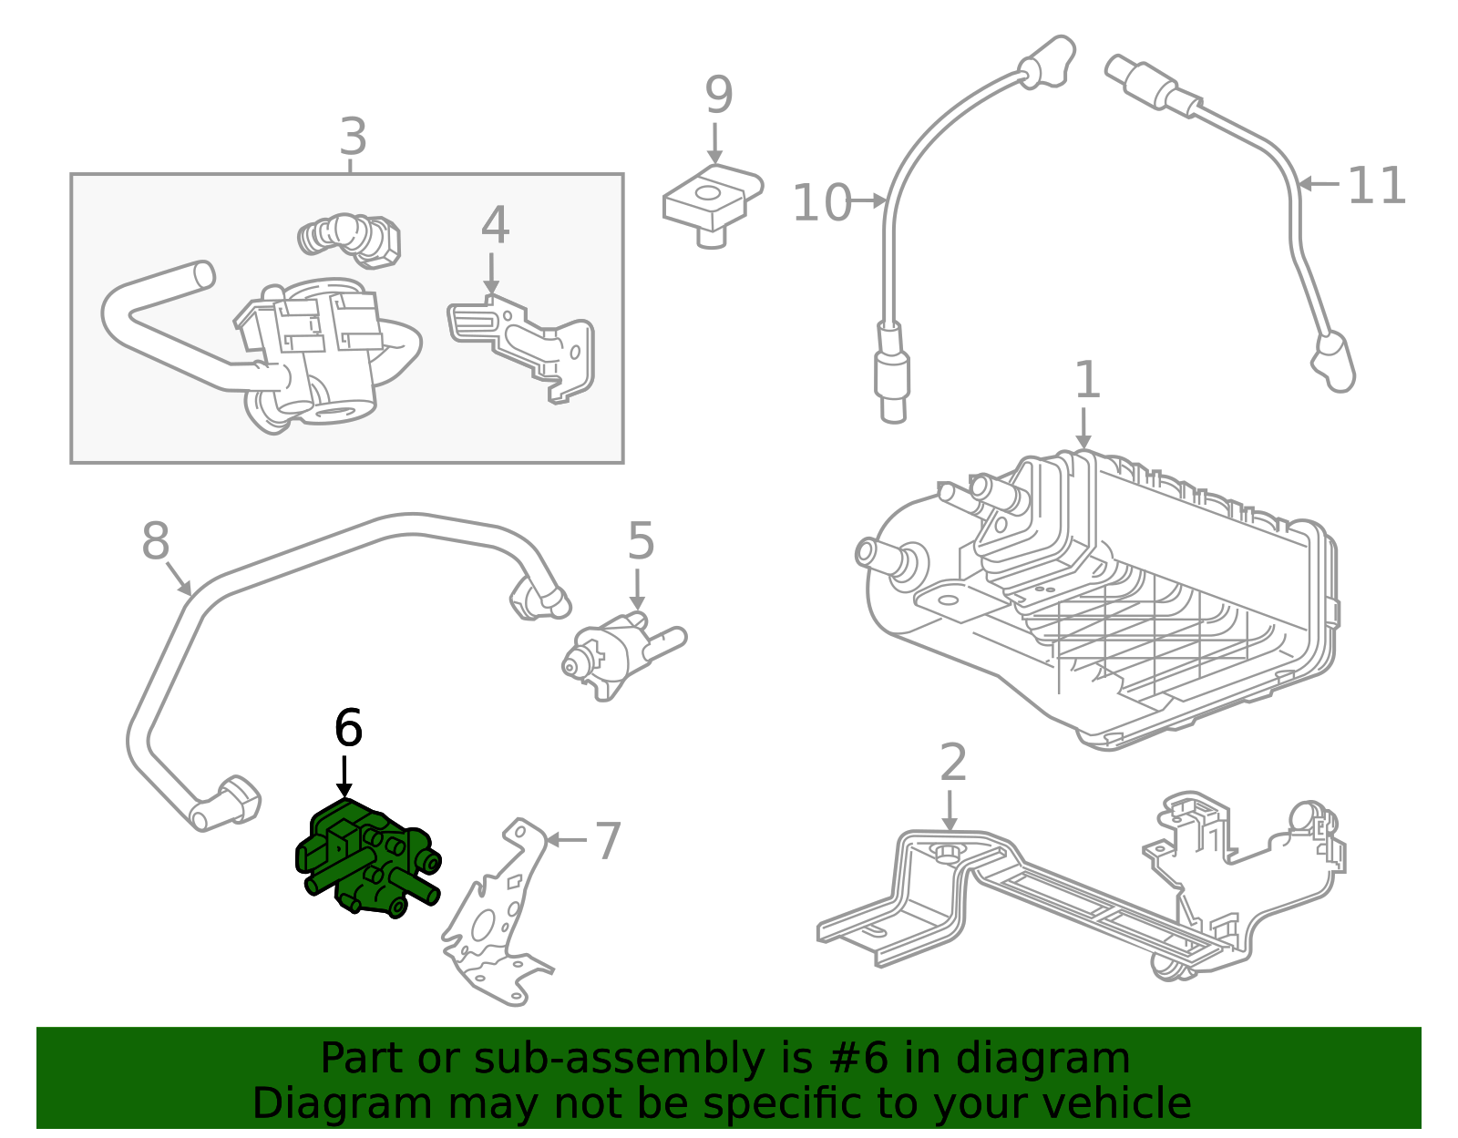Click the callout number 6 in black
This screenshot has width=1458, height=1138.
click(x=348, y=728)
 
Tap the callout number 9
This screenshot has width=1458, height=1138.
click(x=718, y=96)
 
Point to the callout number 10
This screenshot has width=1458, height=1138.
click(x=821, y=202)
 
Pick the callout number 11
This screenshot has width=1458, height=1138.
click(x=1376, y=186)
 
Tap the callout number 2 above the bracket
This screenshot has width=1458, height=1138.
click(x=952, y=763)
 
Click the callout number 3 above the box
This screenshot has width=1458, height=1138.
click(x=353, y=137)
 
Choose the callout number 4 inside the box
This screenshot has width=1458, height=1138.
click(x=495, y=225)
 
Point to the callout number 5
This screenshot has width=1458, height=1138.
click(x=641, y=542)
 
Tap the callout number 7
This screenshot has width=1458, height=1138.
click(x=608, y=840)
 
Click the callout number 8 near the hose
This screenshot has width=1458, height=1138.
click(x=155, y=541)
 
